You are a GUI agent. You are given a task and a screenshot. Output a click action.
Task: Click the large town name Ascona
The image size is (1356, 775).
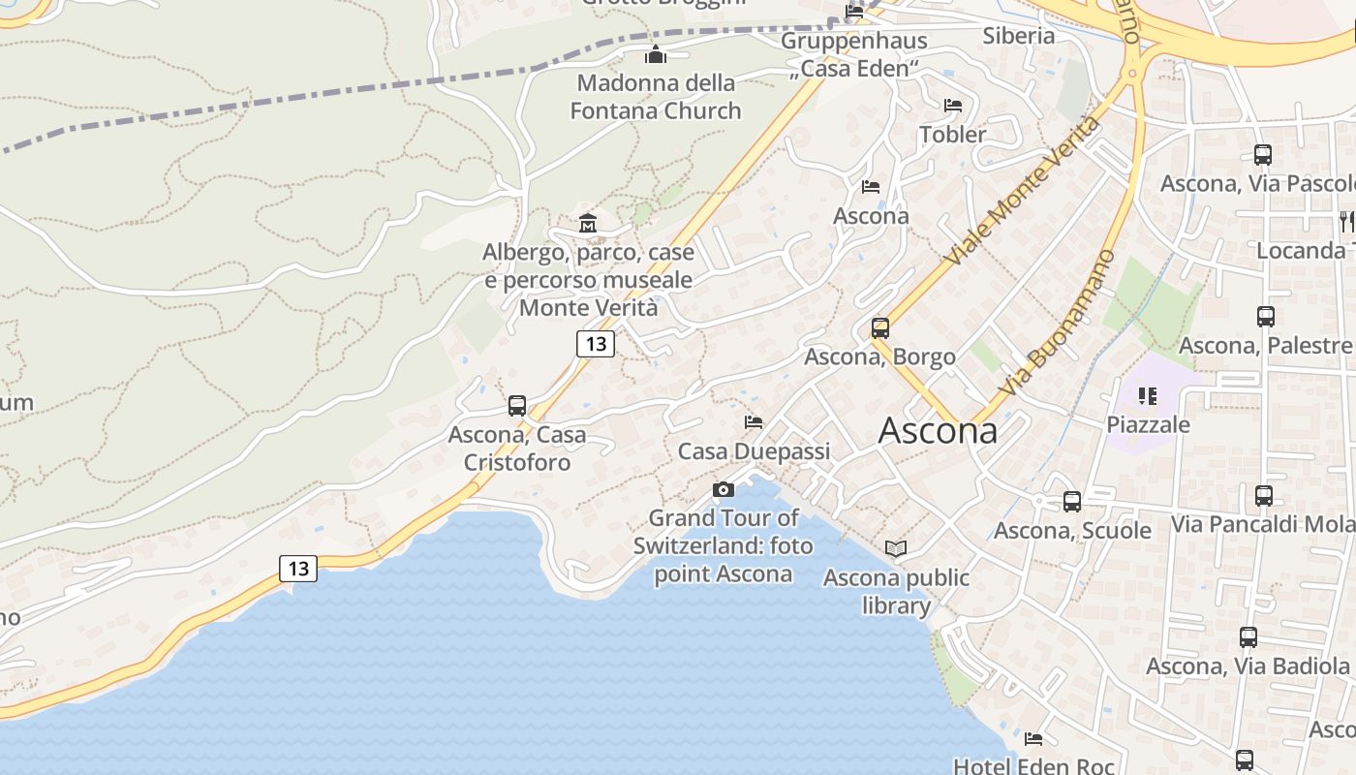click(937, 430)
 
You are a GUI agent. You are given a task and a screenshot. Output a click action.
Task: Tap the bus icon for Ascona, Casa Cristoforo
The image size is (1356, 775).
click(517, 406)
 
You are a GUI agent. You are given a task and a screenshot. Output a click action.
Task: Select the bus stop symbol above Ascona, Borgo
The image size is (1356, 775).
click(879, 328)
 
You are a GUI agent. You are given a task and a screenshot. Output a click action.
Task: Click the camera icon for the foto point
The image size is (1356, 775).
click(723, 490)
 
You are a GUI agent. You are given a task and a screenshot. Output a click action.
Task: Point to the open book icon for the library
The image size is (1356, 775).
click(896, 549)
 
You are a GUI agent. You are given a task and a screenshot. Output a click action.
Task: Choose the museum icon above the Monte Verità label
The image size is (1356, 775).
click(587, 224)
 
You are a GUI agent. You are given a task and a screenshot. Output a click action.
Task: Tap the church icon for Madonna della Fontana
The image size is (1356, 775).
click(656, 54)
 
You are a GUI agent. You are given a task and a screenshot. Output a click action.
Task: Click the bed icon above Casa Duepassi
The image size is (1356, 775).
click(754, 422)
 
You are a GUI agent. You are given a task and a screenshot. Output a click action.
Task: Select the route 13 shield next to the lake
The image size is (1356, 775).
click(298, 569)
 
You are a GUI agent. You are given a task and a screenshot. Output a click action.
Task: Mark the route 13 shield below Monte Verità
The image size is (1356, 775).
click(596, 343)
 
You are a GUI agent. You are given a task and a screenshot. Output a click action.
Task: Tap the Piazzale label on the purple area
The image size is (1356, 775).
click(1148, 424)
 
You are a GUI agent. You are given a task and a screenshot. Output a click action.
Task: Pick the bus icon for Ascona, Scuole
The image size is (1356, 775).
click(1071, 502)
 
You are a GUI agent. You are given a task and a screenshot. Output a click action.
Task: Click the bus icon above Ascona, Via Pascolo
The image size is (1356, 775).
click(1262, 155)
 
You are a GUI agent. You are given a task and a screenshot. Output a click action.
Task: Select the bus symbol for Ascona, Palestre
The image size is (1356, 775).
click(1265, 317)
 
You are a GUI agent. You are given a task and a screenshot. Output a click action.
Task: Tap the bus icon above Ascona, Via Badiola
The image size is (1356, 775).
click(1248, 637)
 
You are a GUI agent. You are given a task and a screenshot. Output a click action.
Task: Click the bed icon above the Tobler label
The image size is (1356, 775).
click(953, 106)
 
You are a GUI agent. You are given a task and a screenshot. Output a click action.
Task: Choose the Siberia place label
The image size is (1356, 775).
click(1018, 36)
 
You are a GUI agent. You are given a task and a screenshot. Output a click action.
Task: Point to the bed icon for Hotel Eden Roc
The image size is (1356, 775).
click(1033, 739)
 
